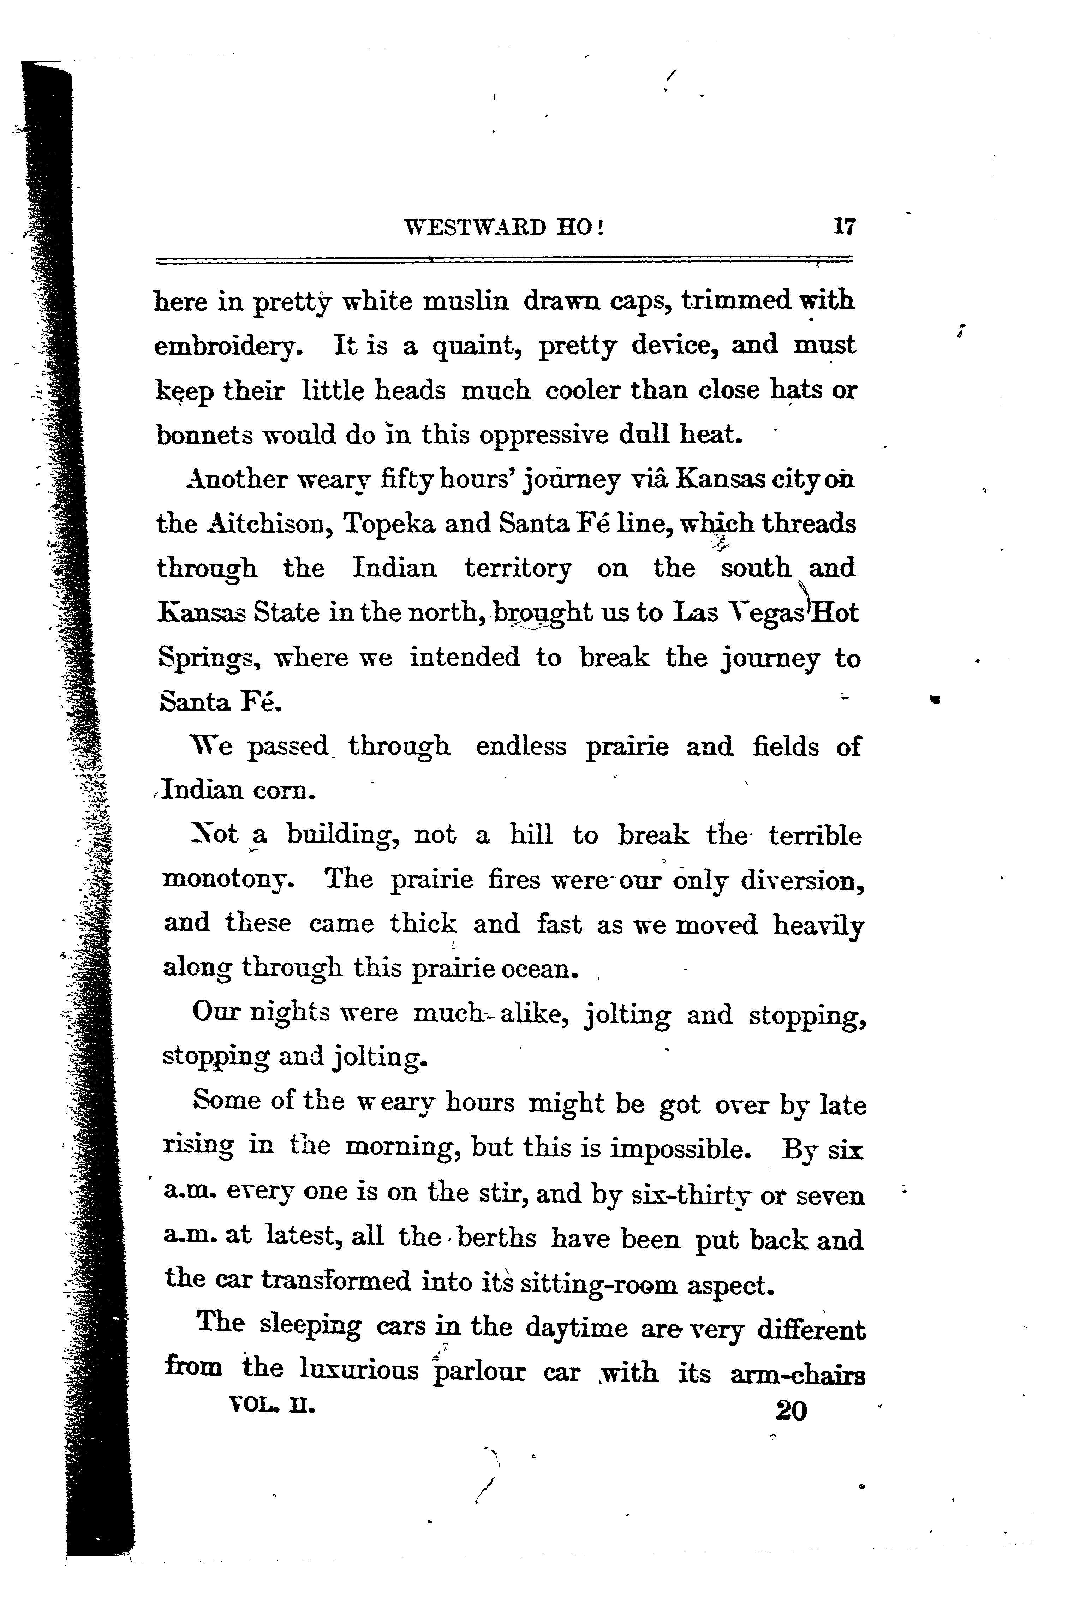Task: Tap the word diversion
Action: pos(802,879)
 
